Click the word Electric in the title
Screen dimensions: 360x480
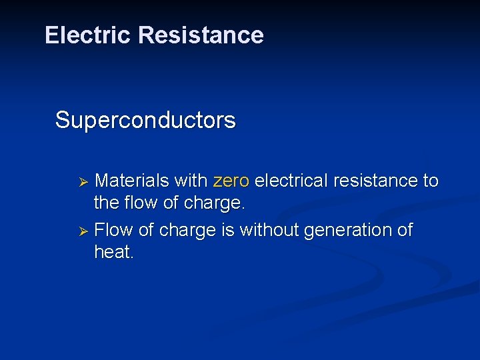coord(88,35)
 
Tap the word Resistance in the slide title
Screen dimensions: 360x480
coord(201,35)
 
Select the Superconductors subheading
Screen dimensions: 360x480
coord(145,121)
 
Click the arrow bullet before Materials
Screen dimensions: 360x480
coord(84,182)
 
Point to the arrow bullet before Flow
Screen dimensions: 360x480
coord(84,231)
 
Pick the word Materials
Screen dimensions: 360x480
coord(132,181)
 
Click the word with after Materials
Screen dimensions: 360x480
coord(191,181)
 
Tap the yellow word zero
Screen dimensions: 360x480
coord(231,181)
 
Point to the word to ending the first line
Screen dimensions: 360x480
coord(431,181)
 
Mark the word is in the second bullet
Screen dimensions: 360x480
coord(227,230)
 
